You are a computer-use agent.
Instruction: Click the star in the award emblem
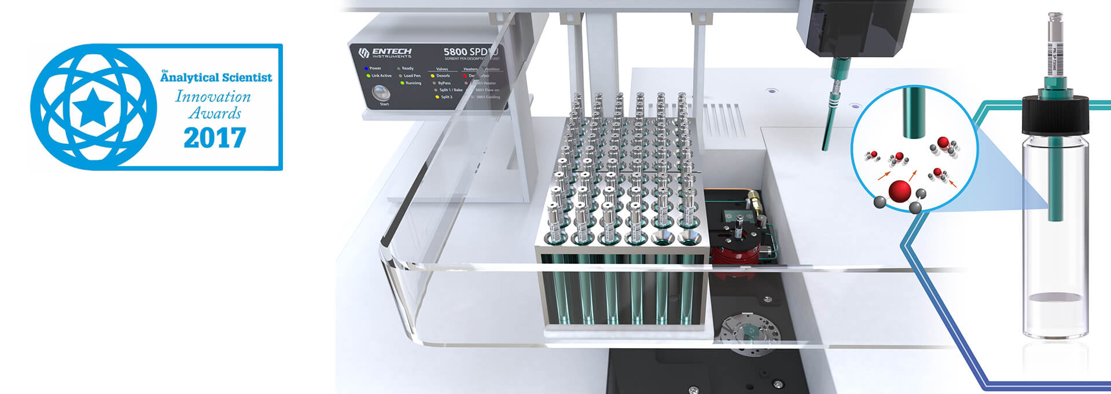(93, 107)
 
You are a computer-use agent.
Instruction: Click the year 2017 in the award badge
(215, 138)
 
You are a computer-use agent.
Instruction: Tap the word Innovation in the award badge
(213, 96)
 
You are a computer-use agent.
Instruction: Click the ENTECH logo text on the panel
(392, 52)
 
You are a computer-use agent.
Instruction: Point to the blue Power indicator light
(367, 68)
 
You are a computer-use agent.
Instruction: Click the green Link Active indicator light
(368, 76)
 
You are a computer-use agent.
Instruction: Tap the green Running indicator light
(402, 83)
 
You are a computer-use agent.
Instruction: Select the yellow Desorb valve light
(433, 76)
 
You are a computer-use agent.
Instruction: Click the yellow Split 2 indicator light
(437, 97)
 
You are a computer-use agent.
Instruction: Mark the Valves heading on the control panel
(442, 69)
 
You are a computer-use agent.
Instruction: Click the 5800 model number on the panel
(455, 52)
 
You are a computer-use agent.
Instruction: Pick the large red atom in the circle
(900, 191)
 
